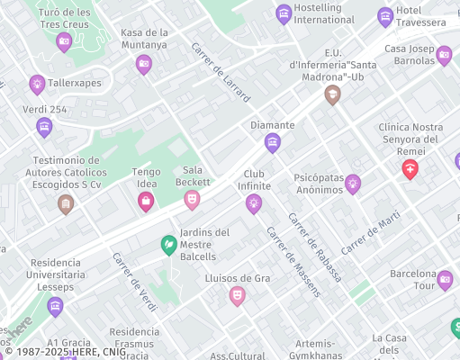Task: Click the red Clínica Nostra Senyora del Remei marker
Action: pos(410,168)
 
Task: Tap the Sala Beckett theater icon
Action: pos(192,201)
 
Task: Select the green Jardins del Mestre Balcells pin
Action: pos(168,244)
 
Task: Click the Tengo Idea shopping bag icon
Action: pos(146,201)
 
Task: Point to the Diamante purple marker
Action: pos(273,142)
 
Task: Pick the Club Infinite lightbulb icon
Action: pos(254,203)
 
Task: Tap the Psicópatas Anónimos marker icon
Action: pos(353,184)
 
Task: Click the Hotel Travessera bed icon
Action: pos(385,16)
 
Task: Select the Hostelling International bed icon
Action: pos(284,13)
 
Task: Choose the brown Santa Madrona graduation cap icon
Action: pos(332,94)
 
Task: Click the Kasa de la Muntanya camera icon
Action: pos(143,64)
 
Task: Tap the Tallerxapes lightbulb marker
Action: pos(37,84)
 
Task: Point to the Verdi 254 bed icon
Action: pos(44,127)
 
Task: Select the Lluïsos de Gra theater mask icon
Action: pos(237,295)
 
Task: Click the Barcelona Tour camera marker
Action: pos(445,280)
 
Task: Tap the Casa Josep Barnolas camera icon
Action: pos(444,56)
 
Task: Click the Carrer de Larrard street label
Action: pos(221,71)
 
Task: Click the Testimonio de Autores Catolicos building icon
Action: pos(66,204)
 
